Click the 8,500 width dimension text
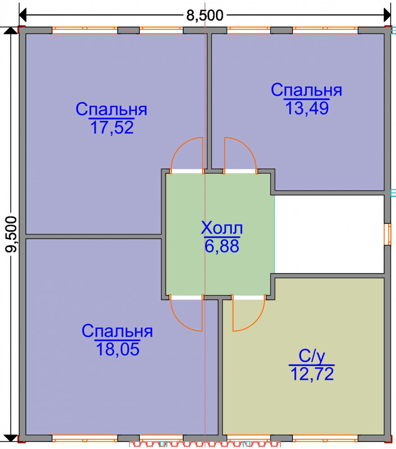[205, 15]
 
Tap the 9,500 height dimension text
[11, 234]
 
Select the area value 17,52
[112, 128]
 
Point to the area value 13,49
[307, 108]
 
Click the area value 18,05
[117, 349]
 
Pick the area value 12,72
[312, 374]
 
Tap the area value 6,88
[222, 246]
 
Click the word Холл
[222, 228]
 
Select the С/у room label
[312, 356]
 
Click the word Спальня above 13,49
[306, 90]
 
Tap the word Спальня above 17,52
[111, 109]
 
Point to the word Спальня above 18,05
[117, 331]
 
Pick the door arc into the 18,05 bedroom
[180, 322]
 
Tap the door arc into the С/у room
[256, 322]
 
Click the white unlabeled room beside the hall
[329, 234]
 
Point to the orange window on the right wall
[389, 234]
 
